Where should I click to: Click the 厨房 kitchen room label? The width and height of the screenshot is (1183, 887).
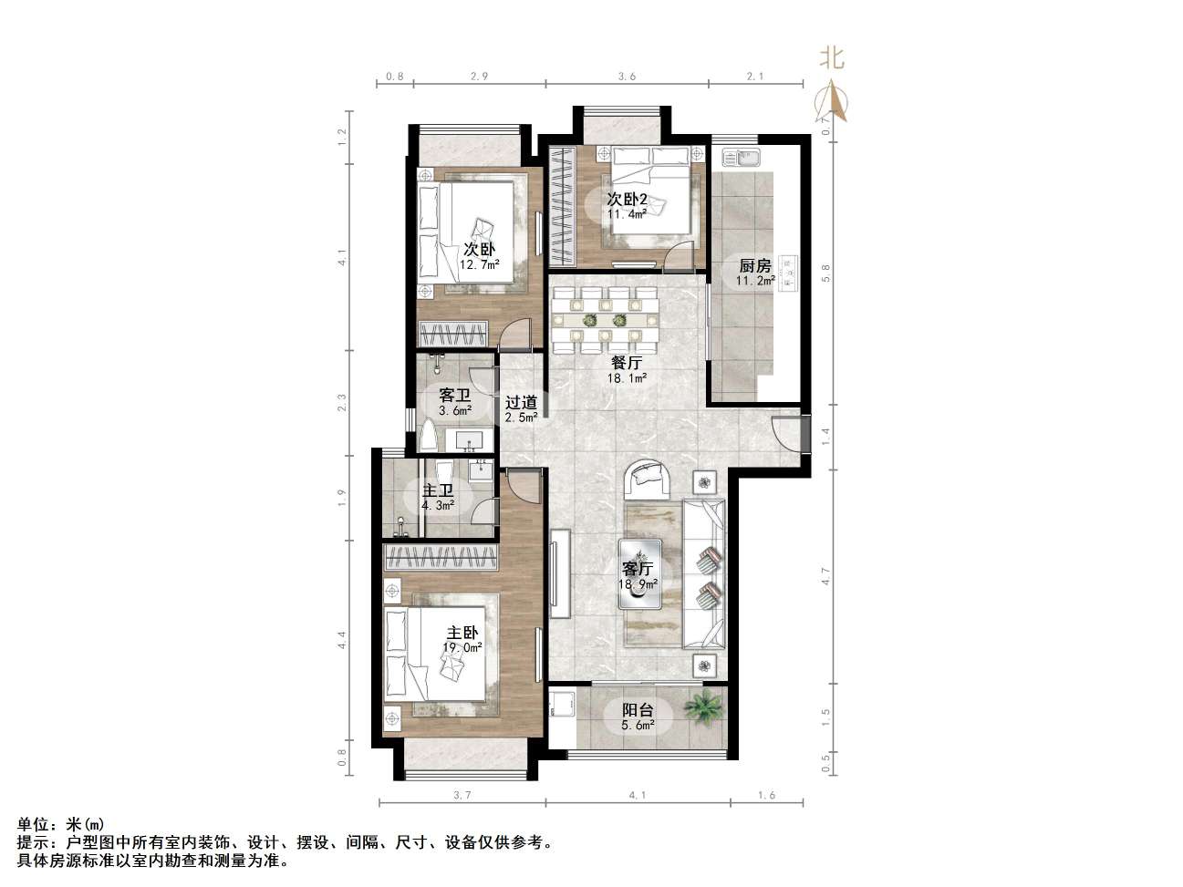(x=755, y=266)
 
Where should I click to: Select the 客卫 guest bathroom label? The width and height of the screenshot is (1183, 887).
(x=454, y=396)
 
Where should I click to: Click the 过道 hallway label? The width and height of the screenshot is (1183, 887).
(x=521, y=403)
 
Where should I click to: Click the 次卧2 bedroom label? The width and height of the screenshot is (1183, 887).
(x=628, y=199)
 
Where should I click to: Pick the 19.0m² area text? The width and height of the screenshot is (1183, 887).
(x=462, y=648)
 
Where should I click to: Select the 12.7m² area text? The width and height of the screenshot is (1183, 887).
(x=480, y=265)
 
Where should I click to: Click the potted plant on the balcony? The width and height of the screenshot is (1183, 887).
(x=704, y=706)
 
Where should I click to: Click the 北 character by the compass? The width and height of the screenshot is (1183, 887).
(x=831, y=59)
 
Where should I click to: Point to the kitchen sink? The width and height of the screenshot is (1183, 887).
(x=742, y=160)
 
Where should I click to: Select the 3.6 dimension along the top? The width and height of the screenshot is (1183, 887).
(x=627, y=77)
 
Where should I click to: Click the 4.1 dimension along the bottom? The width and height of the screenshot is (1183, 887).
(x=637, y=795)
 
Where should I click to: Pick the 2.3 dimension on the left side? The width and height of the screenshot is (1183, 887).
(x=342, y=402)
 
